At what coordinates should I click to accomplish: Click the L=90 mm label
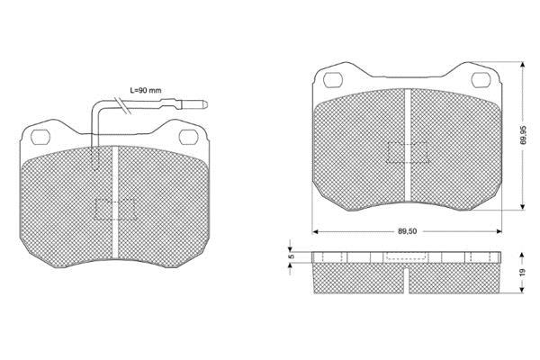tap(145, 91)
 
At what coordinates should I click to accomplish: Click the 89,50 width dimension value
tap(408, 231)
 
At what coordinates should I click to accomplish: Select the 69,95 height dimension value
tap(524, 135)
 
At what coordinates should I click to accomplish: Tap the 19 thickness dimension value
tap(523, 273)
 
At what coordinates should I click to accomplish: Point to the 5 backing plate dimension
tap(291, 256)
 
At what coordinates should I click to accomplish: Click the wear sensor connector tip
tap(204, 103)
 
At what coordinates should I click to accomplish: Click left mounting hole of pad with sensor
tap(40, 137)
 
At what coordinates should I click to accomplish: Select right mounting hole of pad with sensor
tap(189, 137)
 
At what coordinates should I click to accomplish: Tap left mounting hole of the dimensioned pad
tap(333, 80)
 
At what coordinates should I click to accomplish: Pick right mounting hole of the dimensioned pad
tap(481, 80)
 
